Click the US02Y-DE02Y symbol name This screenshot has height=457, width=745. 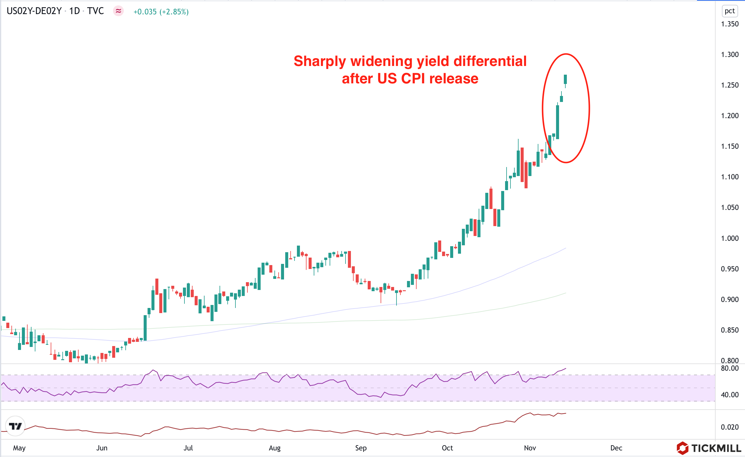34,11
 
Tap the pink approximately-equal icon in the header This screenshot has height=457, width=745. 118,11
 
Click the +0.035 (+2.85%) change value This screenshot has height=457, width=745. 161,12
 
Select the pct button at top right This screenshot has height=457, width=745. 729,11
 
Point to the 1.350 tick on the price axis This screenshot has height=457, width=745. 730,24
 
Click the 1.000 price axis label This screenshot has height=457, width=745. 730,238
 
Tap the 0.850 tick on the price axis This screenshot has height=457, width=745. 730,330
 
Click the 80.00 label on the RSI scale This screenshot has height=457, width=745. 730,368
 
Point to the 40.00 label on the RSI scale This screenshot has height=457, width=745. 730,395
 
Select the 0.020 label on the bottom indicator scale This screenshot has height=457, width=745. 730,427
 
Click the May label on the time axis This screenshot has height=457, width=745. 19,448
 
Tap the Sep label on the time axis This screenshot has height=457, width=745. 361,448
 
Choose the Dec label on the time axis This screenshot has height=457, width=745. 616,448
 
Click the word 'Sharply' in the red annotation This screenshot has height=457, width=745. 320,61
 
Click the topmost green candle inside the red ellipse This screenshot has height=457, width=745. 565,79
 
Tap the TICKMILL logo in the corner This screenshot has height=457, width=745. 708,448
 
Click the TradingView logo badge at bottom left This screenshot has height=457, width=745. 15,426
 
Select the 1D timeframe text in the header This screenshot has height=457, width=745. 74,11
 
